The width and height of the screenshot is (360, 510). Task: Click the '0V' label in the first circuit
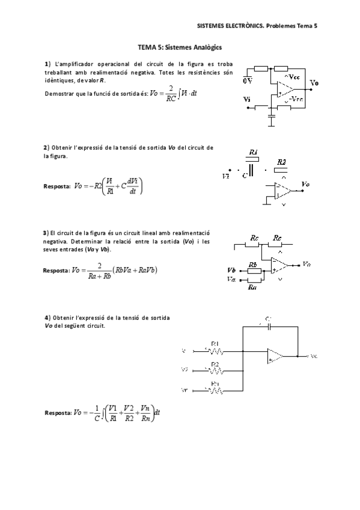pos(247,80)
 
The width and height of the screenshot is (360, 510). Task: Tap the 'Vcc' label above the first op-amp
pos(294,77)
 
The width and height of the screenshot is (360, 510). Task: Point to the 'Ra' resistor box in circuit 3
pos(253,280)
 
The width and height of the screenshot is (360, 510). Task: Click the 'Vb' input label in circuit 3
pos(231,271)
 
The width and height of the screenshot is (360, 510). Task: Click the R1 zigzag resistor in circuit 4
pos(215,350)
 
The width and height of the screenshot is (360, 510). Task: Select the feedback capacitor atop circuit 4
pos(270,326)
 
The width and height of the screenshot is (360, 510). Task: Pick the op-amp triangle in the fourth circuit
pos(276,355)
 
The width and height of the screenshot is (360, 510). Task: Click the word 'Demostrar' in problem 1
pos(58,93)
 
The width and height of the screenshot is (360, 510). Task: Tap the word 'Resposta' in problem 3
pos(56,270)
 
